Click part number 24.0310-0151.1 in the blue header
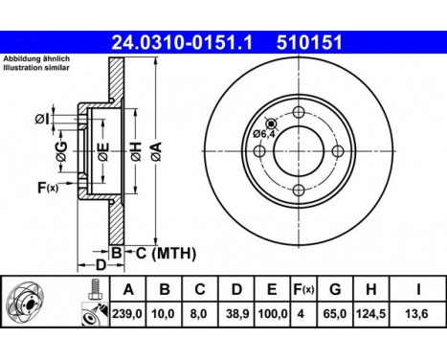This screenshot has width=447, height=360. [x=182, y=42]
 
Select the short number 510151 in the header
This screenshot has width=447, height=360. [x=309, y=42]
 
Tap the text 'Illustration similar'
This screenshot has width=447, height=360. [x=36, y=67]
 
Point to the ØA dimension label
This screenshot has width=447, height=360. [x=156, y=151]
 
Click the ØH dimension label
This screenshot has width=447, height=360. [x=136, y=152]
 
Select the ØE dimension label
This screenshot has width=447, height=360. [x=103, y=151]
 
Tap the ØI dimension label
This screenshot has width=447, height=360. [x=42, y=120]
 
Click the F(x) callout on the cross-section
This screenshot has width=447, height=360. [x=48, y=188]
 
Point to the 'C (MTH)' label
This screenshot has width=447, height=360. [x=167, y=253]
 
